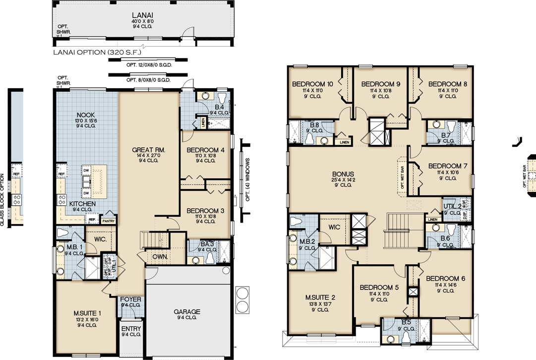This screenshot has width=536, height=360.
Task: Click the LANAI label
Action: [142, 15]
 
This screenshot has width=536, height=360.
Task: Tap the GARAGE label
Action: [187, 312]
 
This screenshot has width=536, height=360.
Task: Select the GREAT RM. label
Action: [149, 150]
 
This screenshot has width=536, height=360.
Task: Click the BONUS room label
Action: [343, 175]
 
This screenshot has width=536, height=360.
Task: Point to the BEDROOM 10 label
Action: [312, 84]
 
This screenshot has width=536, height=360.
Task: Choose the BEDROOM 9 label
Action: [380, 84]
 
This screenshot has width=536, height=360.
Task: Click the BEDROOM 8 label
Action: [448, 84]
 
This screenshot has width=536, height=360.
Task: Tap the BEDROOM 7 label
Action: [448, 166]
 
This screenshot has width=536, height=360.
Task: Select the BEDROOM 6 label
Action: [445, 278]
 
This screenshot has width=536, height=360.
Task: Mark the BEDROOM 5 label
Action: [379, 287]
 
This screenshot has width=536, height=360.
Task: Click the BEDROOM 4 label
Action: [205, 150]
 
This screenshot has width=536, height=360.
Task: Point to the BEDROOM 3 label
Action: [205, 211]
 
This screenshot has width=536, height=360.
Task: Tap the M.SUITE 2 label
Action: [320, 298]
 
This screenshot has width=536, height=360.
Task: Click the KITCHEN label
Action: [82, 204]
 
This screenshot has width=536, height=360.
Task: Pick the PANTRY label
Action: [108, 221]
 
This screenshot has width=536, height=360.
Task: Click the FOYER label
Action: [131, 300]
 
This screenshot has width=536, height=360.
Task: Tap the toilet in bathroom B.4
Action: [222, 97]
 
